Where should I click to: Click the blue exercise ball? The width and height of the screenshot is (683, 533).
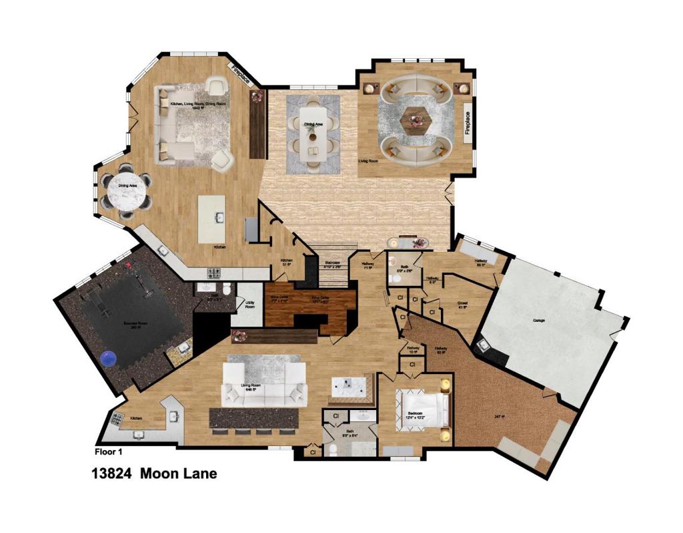[x=108, y=359]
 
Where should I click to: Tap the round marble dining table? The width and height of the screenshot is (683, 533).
[x=127, y=194]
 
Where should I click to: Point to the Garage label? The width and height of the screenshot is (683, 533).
[x=539, y=321]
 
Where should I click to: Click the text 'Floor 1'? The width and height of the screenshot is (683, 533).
[x=109, y=452]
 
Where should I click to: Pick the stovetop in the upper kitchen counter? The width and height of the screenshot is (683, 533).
[x=215, y=273]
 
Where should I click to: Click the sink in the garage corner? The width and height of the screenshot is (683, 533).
[x=482, y=345]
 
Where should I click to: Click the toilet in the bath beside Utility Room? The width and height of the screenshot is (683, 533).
[x=227, y=289]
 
